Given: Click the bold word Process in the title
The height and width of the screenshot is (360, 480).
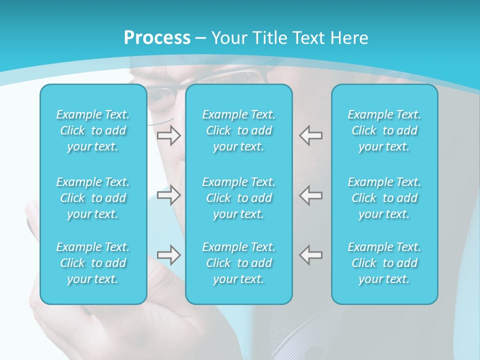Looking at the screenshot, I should (157, 38).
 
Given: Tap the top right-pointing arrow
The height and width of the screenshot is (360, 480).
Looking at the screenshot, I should (169, 135).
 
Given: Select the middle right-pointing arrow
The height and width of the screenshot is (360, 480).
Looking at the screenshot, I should (169, 195).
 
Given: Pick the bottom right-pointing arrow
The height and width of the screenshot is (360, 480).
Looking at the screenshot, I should (169, 254).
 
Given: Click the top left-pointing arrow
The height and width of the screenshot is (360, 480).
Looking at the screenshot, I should (310, 135).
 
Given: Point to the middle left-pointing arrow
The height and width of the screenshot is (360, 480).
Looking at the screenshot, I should (310, 195).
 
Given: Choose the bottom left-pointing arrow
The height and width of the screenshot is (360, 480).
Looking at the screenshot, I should (310, 254).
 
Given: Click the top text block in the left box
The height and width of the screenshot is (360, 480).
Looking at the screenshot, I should (93, 130).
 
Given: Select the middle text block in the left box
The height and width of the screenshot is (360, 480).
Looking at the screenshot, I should (93, 198).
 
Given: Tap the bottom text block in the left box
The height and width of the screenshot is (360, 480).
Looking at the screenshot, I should (93, 263).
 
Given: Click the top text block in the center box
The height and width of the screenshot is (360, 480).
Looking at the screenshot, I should (238, 130).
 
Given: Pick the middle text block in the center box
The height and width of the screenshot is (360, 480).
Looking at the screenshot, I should (238, 198).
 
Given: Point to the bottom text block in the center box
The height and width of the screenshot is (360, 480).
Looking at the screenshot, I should (238, 263).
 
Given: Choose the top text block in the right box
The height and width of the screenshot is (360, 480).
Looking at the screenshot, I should (384, 130).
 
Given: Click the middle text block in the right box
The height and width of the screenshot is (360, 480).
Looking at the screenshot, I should (384, 198).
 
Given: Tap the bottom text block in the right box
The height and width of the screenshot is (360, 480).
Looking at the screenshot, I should (384, 263).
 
